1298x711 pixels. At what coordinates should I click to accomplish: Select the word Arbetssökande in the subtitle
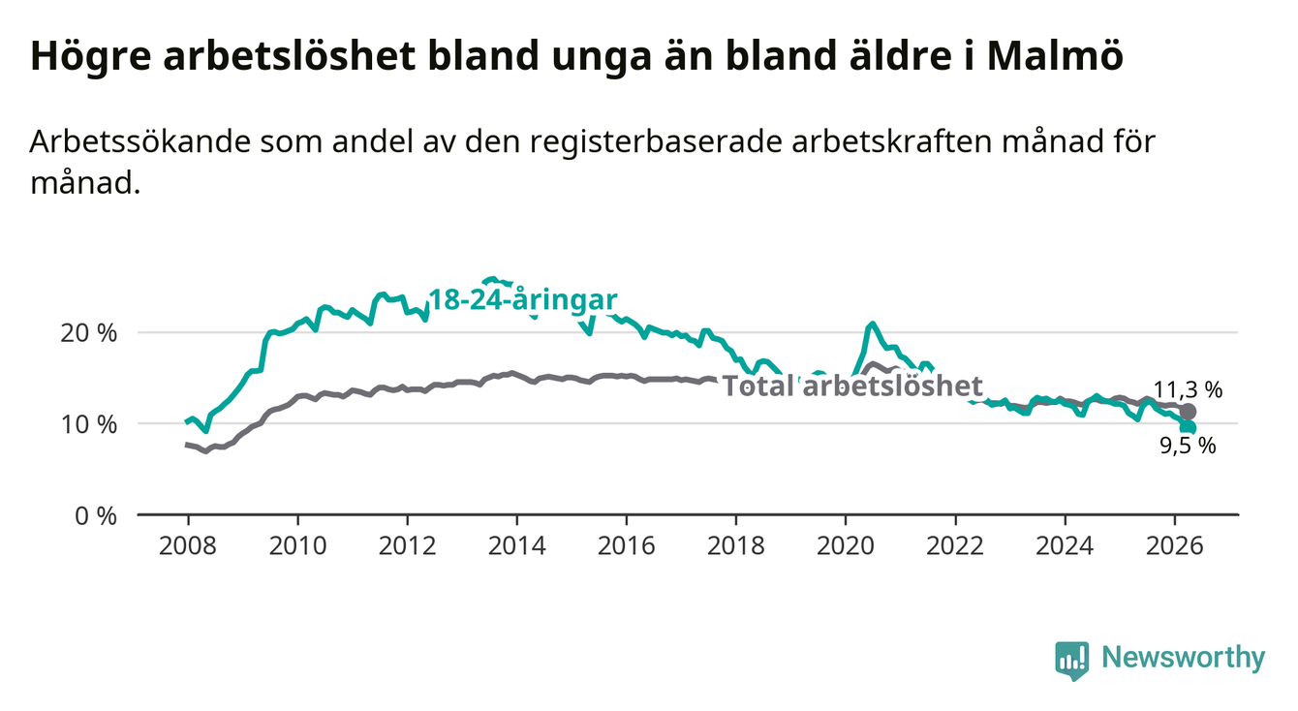pyautogui.click(x=140, y=141)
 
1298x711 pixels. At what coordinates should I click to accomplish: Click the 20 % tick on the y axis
pyautogui.click(x=89, y=333)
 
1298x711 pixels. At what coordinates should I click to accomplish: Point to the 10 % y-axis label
pyautogui.click(x=89, y=424)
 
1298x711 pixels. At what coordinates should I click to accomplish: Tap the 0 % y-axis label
pyautogui.click(x=96, y=515)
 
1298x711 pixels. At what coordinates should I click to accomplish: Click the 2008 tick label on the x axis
pyautogui.click(x=188, y=546)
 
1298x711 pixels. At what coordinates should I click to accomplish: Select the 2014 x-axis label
pyautogui.click(x=517, y=546)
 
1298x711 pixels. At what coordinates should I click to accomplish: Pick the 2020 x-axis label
pyautogui.click(x=846, y=546)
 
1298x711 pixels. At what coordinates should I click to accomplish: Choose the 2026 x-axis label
pyautogui.click(x=1175, y=546)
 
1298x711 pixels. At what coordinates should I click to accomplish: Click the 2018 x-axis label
pyautogui.click(x=736, y=546)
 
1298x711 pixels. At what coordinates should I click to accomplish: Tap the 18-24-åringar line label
pyautogui.click(x=523, y=300)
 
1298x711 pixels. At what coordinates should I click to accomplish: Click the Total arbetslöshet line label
pyautogui.click(x=853, y=386)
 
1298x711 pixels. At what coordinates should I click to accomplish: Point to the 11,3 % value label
pyautogui.click(x=1188, y=390)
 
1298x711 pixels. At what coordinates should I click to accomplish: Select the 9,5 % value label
pyautogui.click(x=1188, y=446)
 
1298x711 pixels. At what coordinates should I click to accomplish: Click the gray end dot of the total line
pyautogui.click(x=1188, y=412)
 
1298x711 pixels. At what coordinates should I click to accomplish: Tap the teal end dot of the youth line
pyautogui.click(x=1189, y=427)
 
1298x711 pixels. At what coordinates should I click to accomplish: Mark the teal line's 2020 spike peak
pyautogui.click(x=872, y=324)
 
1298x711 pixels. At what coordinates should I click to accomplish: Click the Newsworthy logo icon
pyautogui.click(x=1072, y=660)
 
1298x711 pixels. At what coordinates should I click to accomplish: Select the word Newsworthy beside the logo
pyautogui.click(x=1184, y=658)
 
